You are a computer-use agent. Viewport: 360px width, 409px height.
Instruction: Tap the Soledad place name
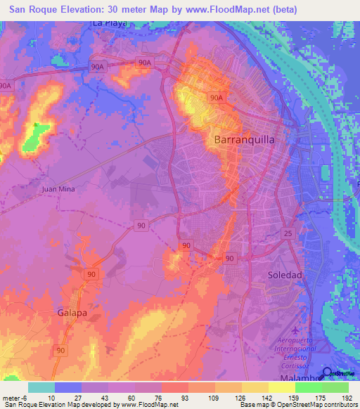[x=285, y=275]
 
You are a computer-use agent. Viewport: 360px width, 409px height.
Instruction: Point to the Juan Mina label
[x=58, y=189]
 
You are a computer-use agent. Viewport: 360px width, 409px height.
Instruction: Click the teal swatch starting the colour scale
[x=41, y=387]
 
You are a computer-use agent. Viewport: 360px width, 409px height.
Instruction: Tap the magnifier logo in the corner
[x=328, y=375]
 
